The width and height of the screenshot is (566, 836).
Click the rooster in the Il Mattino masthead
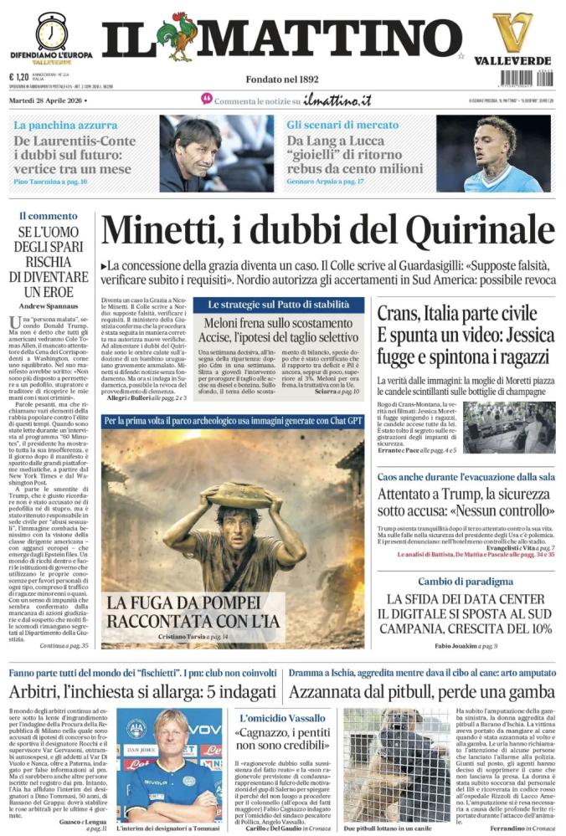pyautogui.click(x=179, y=38)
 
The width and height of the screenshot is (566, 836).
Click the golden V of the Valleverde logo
pyautogui.click(x=512, y=33)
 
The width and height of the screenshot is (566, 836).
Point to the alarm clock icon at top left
pyautogui.click(x=52, y=30)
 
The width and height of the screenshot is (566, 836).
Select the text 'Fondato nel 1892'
pyautogui.click(x=282, y=79)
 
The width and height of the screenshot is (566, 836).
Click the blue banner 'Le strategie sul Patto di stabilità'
pyautogui.click(x=279, y=305)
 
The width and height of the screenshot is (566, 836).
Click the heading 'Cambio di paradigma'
pyautogui.click(x=466, y=581)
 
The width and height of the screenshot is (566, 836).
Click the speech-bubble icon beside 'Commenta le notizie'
pyautogui.click(x=207, y=100)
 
